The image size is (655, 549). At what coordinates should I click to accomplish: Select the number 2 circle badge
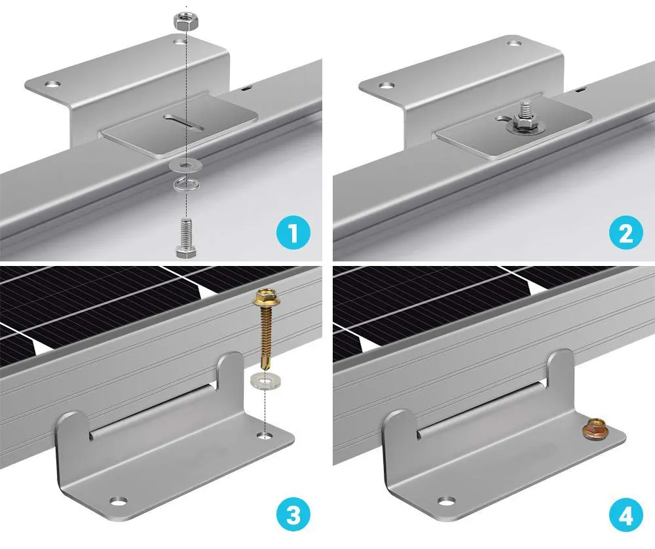point(626,233)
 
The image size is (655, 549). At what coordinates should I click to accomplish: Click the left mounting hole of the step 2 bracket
point(386,85)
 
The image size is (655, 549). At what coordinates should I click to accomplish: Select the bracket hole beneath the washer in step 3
point(265,434)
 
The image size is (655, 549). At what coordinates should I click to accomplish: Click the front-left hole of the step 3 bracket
point(117,502)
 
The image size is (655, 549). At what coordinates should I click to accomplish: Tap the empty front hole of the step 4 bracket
point(446,502)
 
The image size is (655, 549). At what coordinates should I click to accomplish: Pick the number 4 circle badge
point(626,517)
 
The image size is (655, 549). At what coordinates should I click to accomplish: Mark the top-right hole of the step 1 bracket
point(179,42)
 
